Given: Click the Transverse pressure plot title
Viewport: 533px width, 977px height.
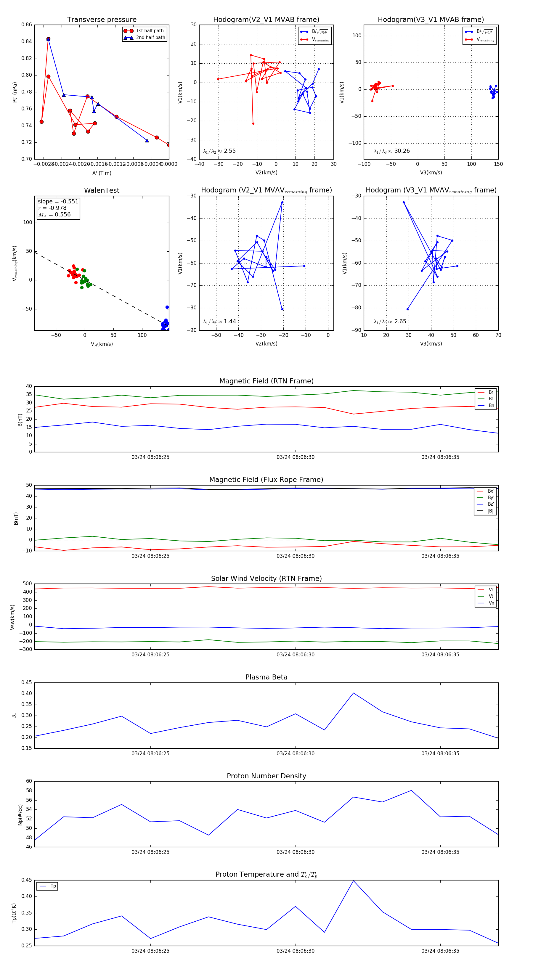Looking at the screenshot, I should point(102,20).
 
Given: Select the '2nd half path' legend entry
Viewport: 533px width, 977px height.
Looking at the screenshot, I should point(150,38).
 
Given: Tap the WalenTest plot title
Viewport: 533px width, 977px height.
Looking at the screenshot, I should point(102,190).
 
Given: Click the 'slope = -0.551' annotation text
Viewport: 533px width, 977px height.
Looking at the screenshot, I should point(58,201).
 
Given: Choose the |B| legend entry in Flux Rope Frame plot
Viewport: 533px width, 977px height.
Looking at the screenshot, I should point(490,511).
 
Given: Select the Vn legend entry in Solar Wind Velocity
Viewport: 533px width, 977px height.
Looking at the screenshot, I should point(491,603).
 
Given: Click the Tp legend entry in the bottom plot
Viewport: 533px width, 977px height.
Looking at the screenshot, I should point(53,886).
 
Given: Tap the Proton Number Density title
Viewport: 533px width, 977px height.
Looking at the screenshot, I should point(266,776).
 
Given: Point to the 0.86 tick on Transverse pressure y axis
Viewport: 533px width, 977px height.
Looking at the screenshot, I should point(27,25).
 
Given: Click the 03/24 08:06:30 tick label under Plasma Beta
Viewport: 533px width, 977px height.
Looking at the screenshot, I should point(295,753).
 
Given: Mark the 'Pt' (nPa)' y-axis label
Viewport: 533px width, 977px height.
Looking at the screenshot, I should point(15,92).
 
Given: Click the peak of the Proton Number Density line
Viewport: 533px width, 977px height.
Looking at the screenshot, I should point(412,791).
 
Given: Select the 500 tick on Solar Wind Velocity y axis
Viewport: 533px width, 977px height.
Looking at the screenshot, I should point(27,584).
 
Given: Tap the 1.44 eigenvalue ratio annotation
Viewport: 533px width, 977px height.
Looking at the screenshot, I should point(229,322).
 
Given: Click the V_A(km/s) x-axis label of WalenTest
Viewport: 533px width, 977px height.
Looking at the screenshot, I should point(102,344).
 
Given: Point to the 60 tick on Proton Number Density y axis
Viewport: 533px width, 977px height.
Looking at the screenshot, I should point(29,781).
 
